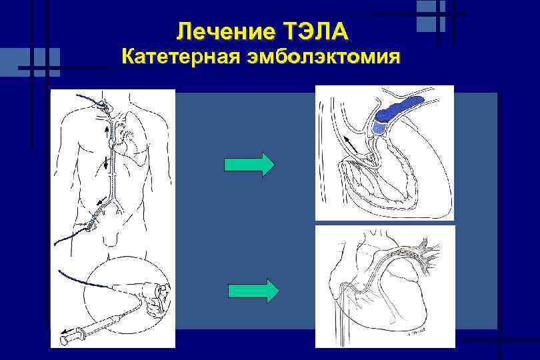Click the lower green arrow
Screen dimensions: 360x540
(x=253, y=291)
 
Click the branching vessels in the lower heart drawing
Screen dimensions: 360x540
(x=427, y=250)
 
